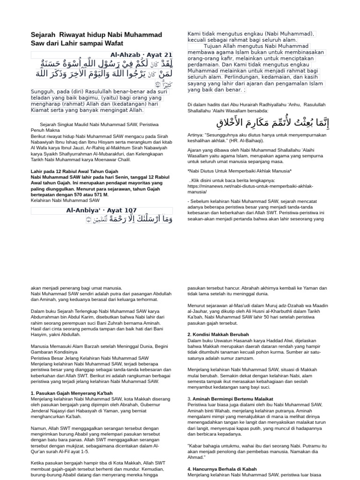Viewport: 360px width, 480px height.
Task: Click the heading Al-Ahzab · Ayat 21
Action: pyautogui.click(x=141, y=55)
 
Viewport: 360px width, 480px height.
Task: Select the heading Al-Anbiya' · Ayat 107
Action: pyautogui.click(x=101, y=210)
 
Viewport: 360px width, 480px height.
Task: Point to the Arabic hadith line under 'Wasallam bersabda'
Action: pyautogui.click(x=273, y=123)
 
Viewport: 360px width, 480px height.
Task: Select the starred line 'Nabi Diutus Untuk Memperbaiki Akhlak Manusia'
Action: pyautogui.click(x=239, y=171)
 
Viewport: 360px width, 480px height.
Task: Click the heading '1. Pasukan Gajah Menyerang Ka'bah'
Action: pyautogui.click(x=72, y=393)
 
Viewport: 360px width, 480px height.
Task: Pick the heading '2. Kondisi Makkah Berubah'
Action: pyautogui.click(x=218, y=335)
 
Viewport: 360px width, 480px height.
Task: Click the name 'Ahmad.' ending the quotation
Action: pyautogui.click(x=196, y=457)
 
